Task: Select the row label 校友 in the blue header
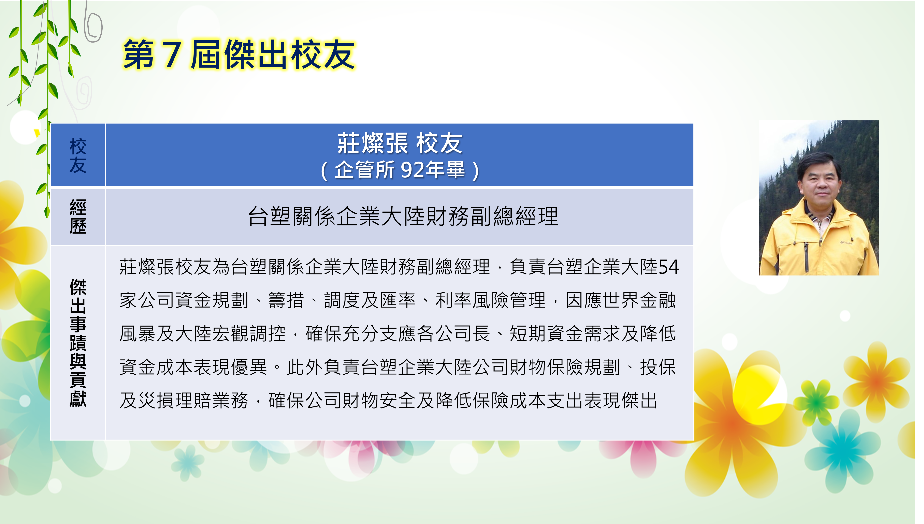pos(78,155)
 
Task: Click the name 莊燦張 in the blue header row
pos(372,143)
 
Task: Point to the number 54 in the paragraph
pos(668,267)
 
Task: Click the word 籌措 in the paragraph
pos(286,300)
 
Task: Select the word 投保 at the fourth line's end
pos(658,367)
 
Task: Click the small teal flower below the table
pos(187,462)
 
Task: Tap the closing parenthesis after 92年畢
pos(476,170)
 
